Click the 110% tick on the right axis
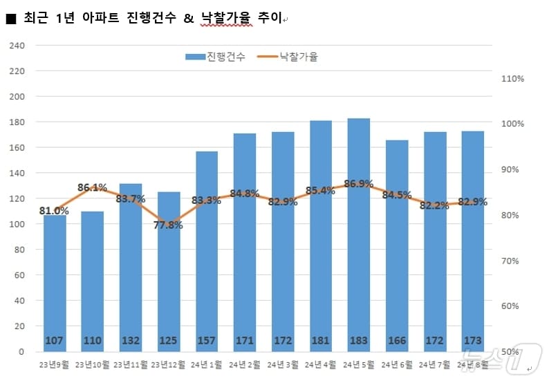pyautogui.click(x=512, y=79)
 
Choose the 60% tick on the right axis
pyautogui.click(x=512, y=306)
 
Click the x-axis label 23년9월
pyautogui.click(x=54, y=364)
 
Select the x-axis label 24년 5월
pyautogui.click(x=359, y=364)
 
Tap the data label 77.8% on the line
pyautogui.click(x=169, y=225)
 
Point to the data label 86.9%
pyautogui.click(x=358, y=184)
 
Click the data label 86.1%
pyautogui.click(x=92, y=187)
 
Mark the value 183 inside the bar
pyautogui.click(x=359, y=341)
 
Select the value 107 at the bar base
pyautogui.click(x=55, y=341)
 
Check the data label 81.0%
pyautogui.click(x=54, y=211)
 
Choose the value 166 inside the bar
pyautogui.click(x=397, y=341)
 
